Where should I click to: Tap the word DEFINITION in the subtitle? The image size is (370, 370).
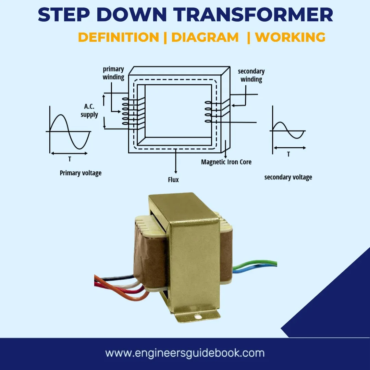click(118, 37)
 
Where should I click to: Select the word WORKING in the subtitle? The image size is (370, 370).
click(290, 37)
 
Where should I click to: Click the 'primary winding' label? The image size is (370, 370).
click(113, 73)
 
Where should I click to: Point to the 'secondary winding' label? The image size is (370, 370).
click(251, 75)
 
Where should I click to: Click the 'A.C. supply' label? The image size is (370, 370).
click(89, 111)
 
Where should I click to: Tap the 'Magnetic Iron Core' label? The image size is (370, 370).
click(226, 162)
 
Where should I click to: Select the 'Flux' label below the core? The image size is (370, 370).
click(174, 180)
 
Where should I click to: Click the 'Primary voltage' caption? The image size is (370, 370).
click(81, 173)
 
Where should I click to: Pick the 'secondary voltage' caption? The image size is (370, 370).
click(288, 177)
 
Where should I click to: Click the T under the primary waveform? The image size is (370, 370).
click(70, 159)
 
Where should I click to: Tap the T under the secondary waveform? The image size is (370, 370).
click(288, 154)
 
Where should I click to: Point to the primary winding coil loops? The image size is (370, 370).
click(126, 112)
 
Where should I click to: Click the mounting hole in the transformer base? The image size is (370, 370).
click(197, 317)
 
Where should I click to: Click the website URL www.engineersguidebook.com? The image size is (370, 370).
click(185, 353)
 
